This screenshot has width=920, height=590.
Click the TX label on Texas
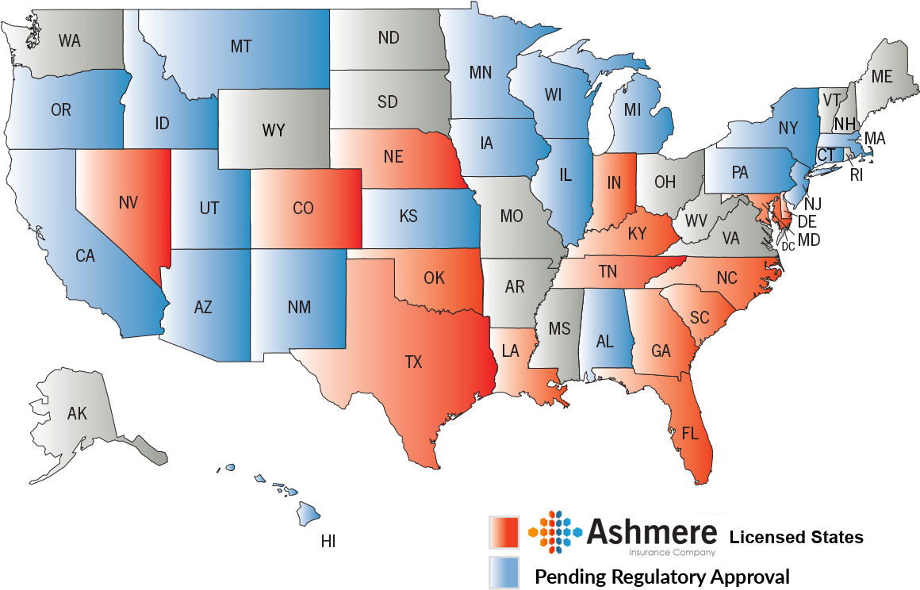413,362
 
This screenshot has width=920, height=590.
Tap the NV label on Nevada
128,203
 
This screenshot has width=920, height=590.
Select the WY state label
274,130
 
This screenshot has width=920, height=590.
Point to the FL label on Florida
690,433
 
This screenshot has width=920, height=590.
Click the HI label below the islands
328,542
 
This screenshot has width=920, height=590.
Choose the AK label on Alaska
77,413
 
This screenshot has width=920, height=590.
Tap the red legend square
504,532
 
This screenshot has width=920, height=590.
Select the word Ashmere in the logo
652,531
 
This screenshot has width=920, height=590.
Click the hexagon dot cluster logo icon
555,531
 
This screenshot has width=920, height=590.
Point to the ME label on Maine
882,77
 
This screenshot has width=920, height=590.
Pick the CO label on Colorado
303,209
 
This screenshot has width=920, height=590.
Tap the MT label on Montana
241,47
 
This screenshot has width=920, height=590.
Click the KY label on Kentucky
637,234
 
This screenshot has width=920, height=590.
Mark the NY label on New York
788,128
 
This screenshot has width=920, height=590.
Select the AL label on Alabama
605,342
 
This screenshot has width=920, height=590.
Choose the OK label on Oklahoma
434,278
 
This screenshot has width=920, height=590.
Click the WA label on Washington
70,40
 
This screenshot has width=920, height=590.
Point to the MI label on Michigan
632,110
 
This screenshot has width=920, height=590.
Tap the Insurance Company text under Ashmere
672,553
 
